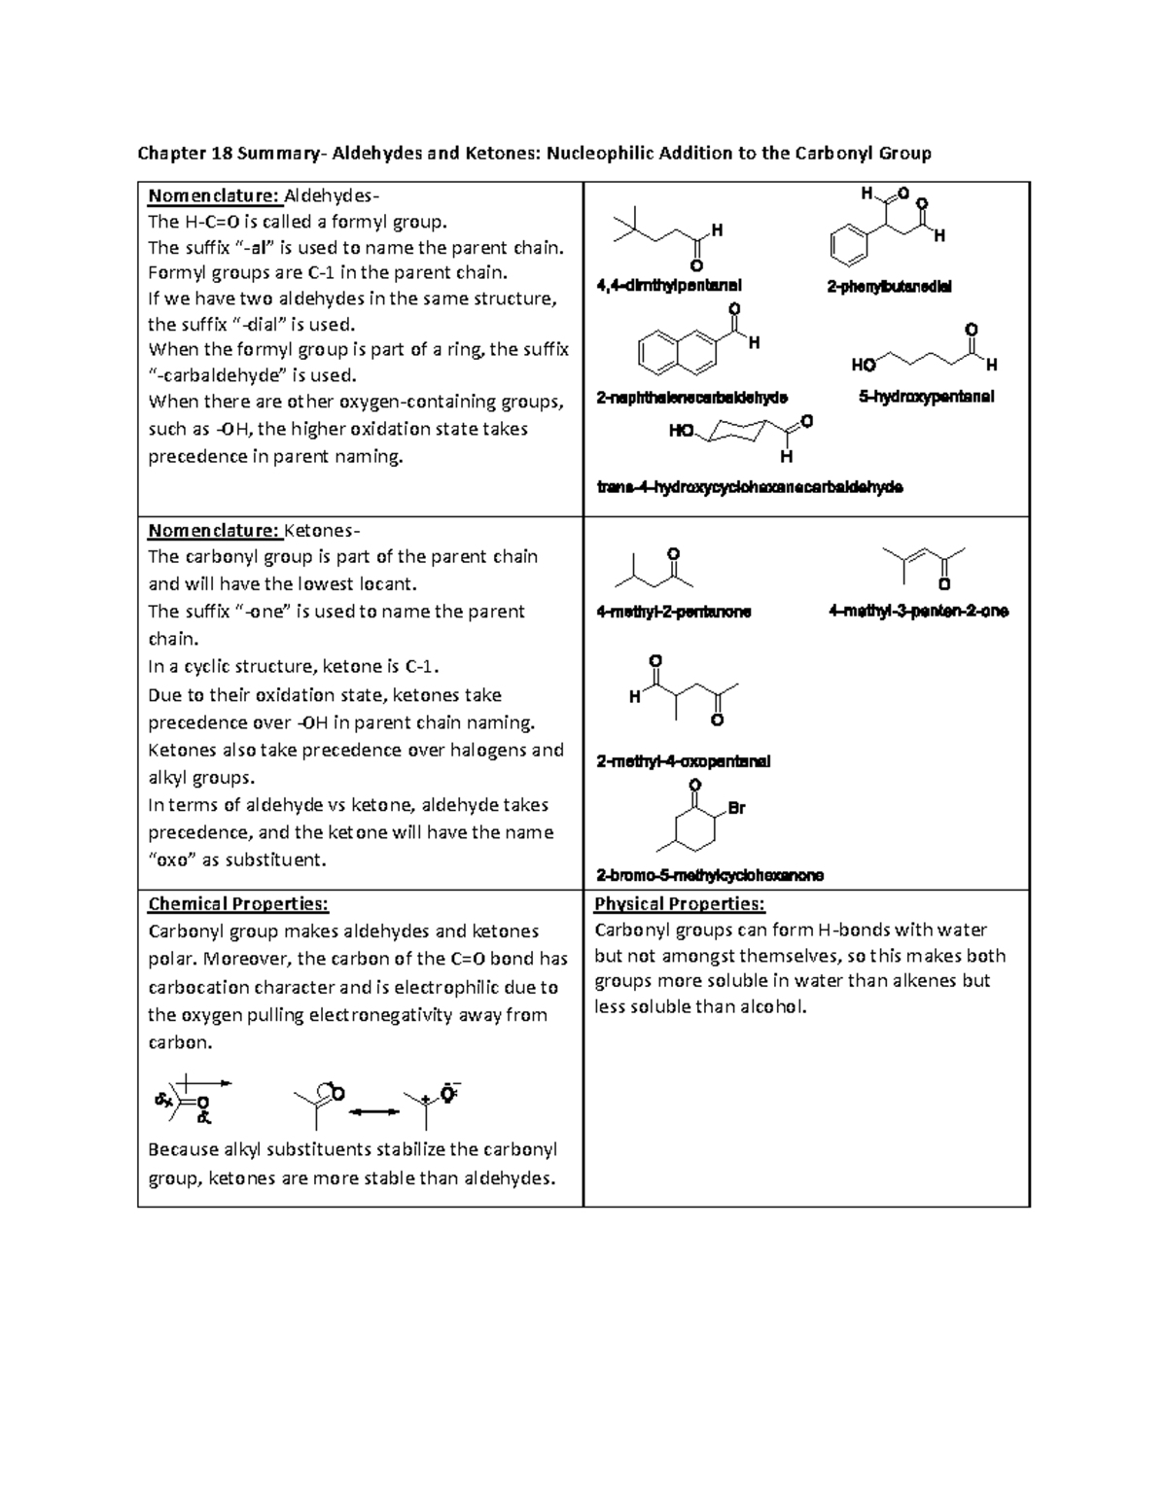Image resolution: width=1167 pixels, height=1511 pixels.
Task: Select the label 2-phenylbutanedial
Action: pos(889,287)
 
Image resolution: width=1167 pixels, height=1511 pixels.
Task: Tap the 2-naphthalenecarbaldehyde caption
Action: pos(691,398)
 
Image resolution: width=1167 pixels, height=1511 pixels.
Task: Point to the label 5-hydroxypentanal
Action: pos(926,397)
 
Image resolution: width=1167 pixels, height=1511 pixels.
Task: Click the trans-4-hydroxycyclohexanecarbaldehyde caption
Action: pos(749,487)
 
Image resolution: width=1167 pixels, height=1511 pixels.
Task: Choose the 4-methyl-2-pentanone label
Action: pos(673,613)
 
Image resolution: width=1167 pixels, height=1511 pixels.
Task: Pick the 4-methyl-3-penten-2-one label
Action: pos(918,612)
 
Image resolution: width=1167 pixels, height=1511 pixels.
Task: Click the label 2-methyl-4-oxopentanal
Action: pos(683,761)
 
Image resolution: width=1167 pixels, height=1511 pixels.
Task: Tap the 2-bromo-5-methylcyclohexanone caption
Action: pos(710,875)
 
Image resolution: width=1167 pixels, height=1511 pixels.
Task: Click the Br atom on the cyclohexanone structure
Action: pos(736,808)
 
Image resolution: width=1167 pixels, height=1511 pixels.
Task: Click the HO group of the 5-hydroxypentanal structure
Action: pos(863,366)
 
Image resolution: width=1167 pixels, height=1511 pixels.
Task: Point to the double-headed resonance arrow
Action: pos(374,1111)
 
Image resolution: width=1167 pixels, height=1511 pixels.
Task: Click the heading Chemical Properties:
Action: pos(238,904)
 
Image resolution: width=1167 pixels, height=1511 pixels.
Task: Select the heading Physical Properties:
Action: pos(680,904)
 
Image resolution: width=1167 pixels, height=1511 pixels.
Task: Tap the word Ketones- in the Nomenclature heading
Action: pos(322,531)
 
